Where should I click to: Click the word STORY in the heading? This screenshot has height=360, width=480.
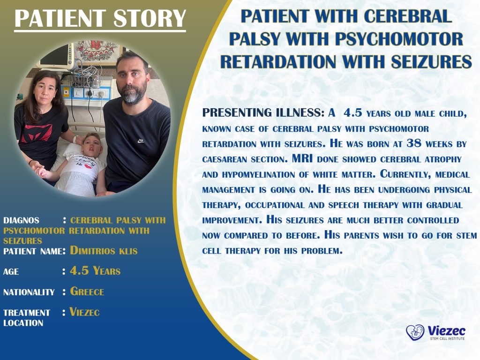pos(150,18)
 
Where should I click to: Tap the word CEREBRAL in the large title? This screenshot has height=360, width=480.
pos(408,16)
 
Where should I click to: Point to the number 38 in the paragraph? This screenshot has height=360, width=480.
pos(414,143)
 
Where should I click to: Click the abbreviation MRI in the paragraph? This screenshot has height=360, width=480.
pos(302,158)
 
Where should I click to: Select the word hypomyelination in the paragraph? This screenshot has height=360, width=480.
pos(258,174)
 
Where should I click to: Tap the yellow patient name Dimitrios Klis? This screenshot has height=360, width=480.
pos(104,250)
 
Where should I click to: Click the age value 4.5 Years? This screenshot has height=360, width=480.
pos(95,270)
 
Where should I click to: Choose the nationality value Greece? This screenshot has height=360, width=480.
pos(87,291)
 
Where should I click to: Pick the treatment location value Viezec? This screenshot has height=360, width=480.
pos(84,312)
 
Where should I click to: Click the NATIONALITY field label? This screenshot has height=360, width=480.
pos(29,292)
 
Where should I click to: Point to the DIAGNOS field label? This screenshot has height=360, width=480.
pos(21,220)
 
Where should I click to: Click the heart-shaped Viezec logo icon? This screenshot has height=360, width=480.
pos(415,333)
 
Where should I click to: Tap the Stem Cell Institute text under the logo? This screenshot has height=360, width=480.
pos(447,338)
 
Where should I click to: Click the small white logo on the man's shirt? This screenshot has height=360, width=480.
pos(141,141)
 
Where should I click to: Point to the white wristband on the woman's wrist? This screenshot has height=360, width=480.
pos(75,139)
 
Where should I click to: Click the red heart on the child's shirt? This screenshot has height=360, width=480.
pos(88,166)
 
